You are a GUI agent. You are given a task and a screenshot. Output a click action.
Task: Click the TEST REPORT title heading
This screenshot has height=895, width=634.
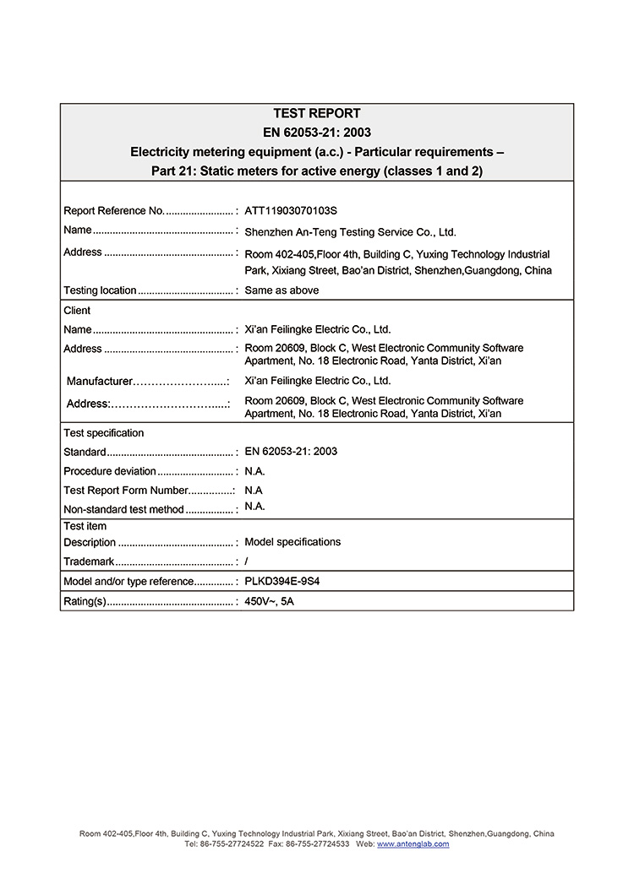pos(316,113)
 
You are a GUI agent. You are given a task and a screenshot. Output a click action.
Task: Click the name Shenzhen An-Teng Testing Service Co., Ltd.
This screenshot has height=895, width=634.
pos(350,232)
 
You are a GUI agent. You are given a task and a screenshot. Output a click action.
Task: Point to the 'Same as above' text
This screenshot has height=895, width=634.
pos(281,290)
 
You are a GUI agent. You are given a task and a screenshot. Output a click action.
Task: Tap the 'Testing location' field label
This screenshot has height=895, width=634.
pos(100,290)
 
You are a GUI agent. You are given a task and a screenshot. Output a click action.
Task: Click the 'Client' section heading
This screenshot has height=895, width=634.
pos(77,311)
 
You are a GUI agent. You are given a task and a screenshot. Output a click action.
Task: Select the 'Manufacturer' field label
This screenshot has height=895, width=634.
pos(100,382)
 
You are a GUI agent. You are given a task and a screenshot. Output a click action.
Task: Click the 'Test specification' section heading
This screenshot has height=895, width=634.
pos(104,433)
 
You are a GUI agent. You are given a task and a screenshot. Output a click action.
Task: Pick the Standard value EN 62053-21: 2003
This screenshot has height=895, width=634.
pos(291,452)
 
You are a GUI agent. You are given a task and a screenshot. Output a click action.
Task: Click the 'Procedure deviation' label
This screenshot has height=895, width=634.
pos(110,471)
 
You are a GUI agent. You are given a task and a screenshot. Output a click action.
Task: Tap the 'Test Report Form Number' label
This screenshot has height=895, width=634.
pos(125,491)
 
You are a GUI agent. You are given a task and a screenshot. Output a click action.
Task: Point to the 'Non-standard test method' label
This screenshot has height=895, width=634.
pos(123,510)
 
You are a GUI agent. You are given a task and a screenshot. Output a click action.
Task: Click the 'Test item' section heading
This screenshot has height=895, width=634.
pos(85,526)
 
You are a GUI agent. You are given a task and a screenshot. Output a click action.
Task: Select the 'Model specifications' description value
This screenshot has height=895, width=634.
pos(292,542)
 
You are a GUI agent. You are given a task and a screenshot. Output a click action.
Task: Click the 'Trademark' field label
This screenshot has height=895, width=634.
pos(89,561)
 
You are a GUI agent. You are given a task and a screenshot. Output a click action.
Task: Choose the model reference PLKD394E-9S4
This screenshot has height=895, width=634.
pos(282,582)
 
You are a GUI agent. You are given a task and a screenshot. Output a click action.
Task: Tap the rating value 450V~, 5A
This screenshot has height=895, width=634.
pos(269,602)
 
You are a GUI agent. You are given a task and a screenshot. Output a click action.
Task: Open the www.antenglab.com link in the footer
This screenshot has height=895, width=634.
pos(413,844)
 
